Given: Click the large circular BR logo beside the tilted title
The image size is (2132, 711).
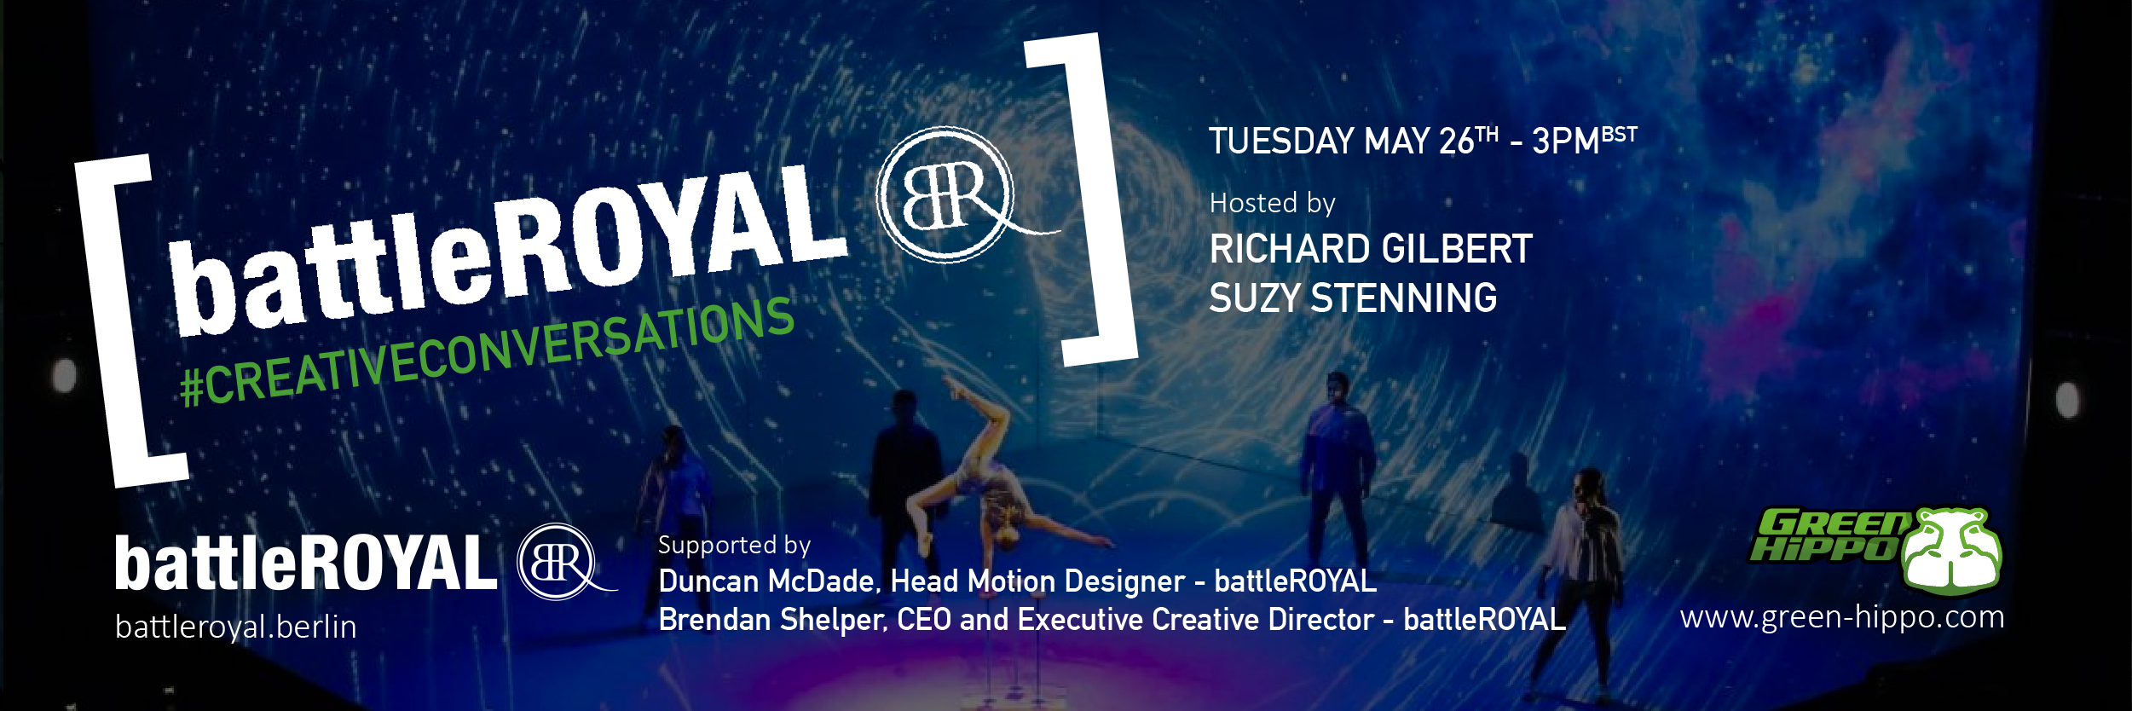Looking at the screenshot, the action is click(x=948, y=194).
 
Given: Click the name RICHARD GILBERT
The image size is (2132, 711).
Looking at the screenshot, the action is click(x=1371, y=249).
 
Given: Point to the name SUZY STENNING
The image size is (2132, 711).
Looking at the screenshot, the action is click(x=1353, y=298).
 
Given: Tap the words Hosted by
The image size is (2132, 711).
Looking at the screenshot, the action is click(x=1272, y=203).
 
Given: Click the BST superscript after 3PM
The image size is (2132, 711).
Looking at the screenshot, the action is click(x=1620, y=135).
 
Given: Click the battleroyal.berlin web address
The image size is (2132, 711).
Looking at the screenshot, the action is click(x=236, y=627).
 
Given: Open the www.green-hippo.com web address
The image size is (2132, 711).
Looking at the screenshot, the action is click(x=1842, y=616).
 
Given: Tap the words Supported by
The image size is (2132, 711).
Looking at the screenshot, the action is click(x=734, y=545).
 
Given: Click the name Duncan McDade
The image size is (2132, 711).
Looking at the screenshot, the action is click(x=768, y=581).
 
